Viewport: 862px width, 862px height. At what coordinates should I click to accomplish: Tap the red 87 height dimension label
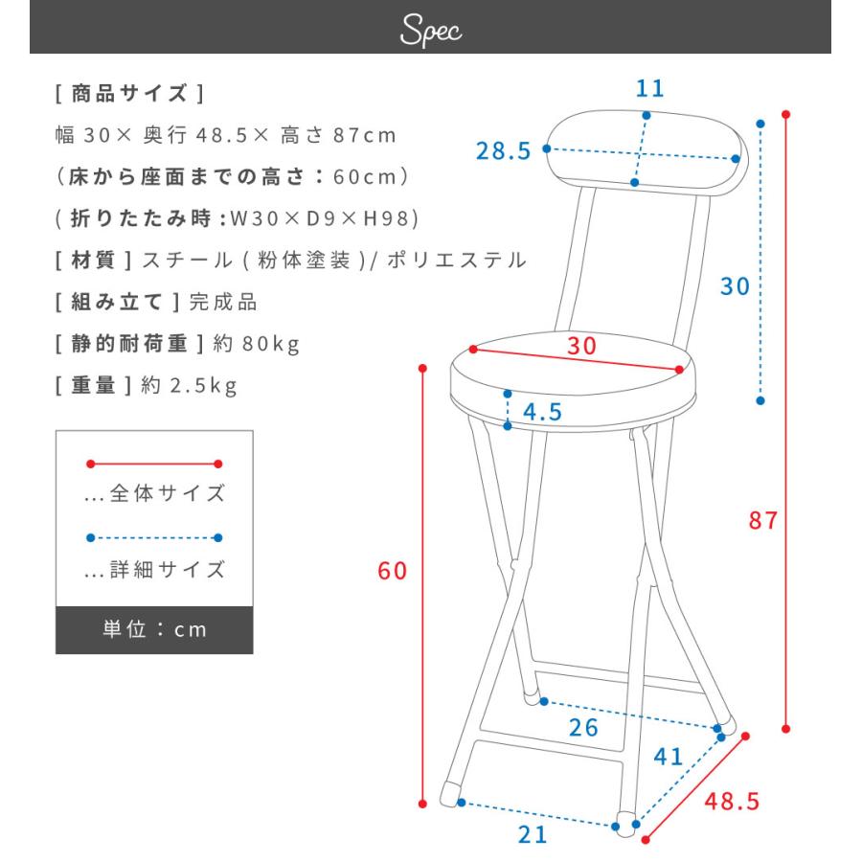(x=764, y=522)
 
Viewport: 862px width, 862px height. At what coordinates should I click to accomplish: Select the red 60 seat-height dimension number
(x=393, y=572)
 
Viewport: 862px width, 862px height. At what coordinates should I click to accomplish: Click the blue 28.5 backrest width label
(x=504, y=151)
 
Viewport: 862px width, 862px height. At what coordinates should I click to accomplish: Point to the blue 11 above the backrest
(x=650, y=89)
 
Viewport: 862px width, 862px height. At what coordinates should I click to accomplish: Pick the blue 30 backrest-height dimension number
(x=735, y=286)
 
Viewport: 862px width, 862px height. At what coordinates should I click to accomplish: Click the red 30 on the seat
(x=580, y=346)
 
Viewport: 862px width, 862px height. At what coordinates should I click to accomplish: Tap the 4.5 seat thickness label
(x=542, y=413)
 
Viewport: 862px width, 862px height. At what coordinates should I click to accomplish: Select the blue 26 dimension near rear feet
(x=583, y=728)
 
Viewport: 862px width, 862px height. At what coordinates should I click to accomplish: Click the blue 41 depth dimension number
(x=668, y=757)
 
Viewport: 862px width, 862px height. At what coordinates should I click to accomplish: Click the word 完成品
(x=223, y=302)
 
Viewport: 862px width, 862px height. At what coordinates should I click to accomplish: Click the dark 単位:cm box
(x=154, y=630)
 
